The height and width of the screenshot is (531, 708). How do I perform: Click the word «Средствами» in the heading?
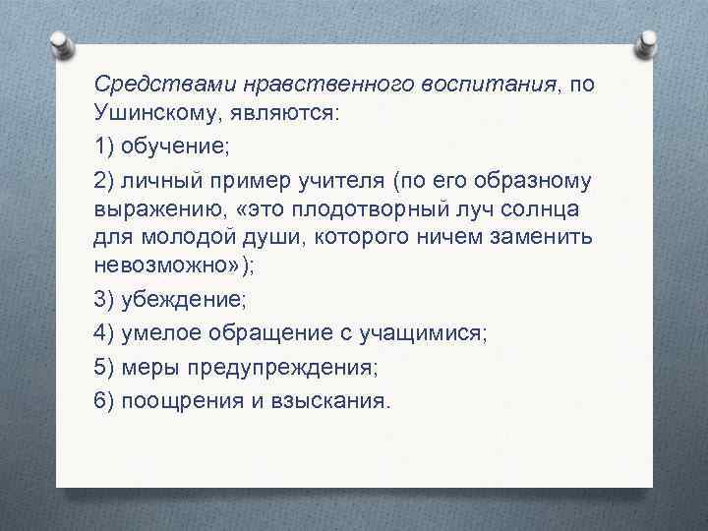coord(147,85)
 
